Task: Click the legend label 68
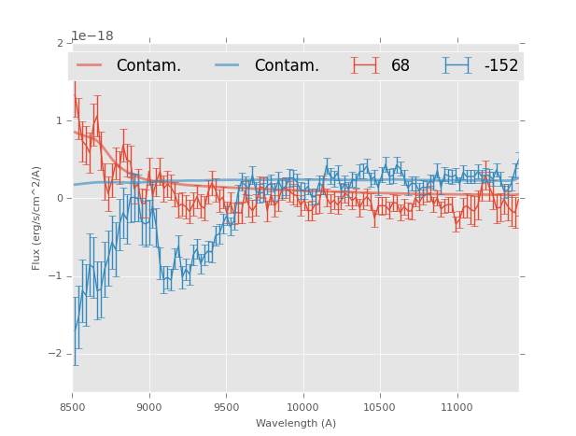coord(400,65)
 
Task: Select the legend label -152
coord(500,65)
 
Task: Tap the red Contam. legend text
coord(148,65)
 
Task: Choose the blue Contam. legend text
coord(287,65)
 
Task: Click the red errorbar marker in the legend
coord(365,65)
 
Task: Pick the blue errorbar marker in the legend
coord(457,65)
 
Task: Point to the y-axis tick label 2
coord(60,44)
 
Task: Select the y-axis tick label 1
coord(60,121)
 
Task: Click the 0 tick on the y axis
coord(60,199)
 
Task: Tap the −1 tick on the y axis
coord(57,276)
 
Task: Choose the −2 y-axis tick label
coord(57,354)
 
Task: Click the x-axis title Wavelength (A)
coord(296,423)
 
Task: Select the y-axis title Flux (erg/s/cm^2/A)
coord(37,218)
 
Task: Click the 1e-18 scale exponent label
coord(92,35)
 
